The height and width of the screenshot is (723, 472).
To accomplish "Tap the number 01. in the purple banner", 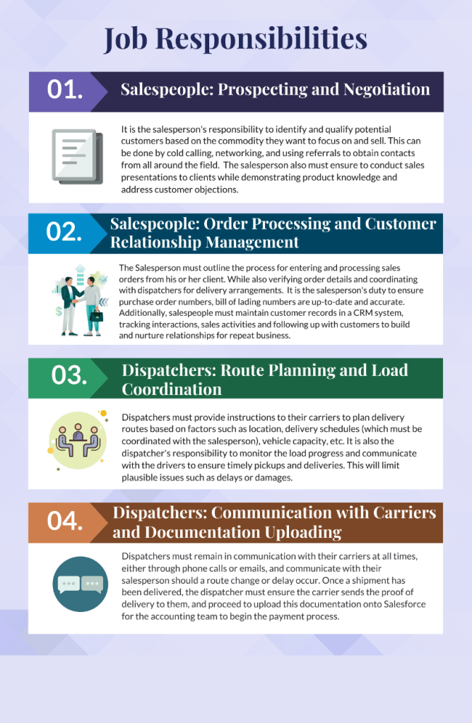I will [65, 90].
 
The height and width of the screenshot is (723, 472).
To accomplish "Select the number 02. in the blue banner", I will [65, 233].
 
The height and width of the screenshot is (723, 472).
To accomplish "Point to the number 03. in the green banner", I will [69, 375].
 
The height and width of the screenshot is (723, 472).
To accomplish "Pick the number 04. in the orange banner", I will [66, 521].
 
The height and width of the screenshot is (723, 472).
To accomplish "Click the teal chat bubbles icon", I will [81, 584].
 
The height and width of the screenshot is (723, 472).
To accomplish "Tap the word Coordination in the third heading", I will [172, 389].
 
